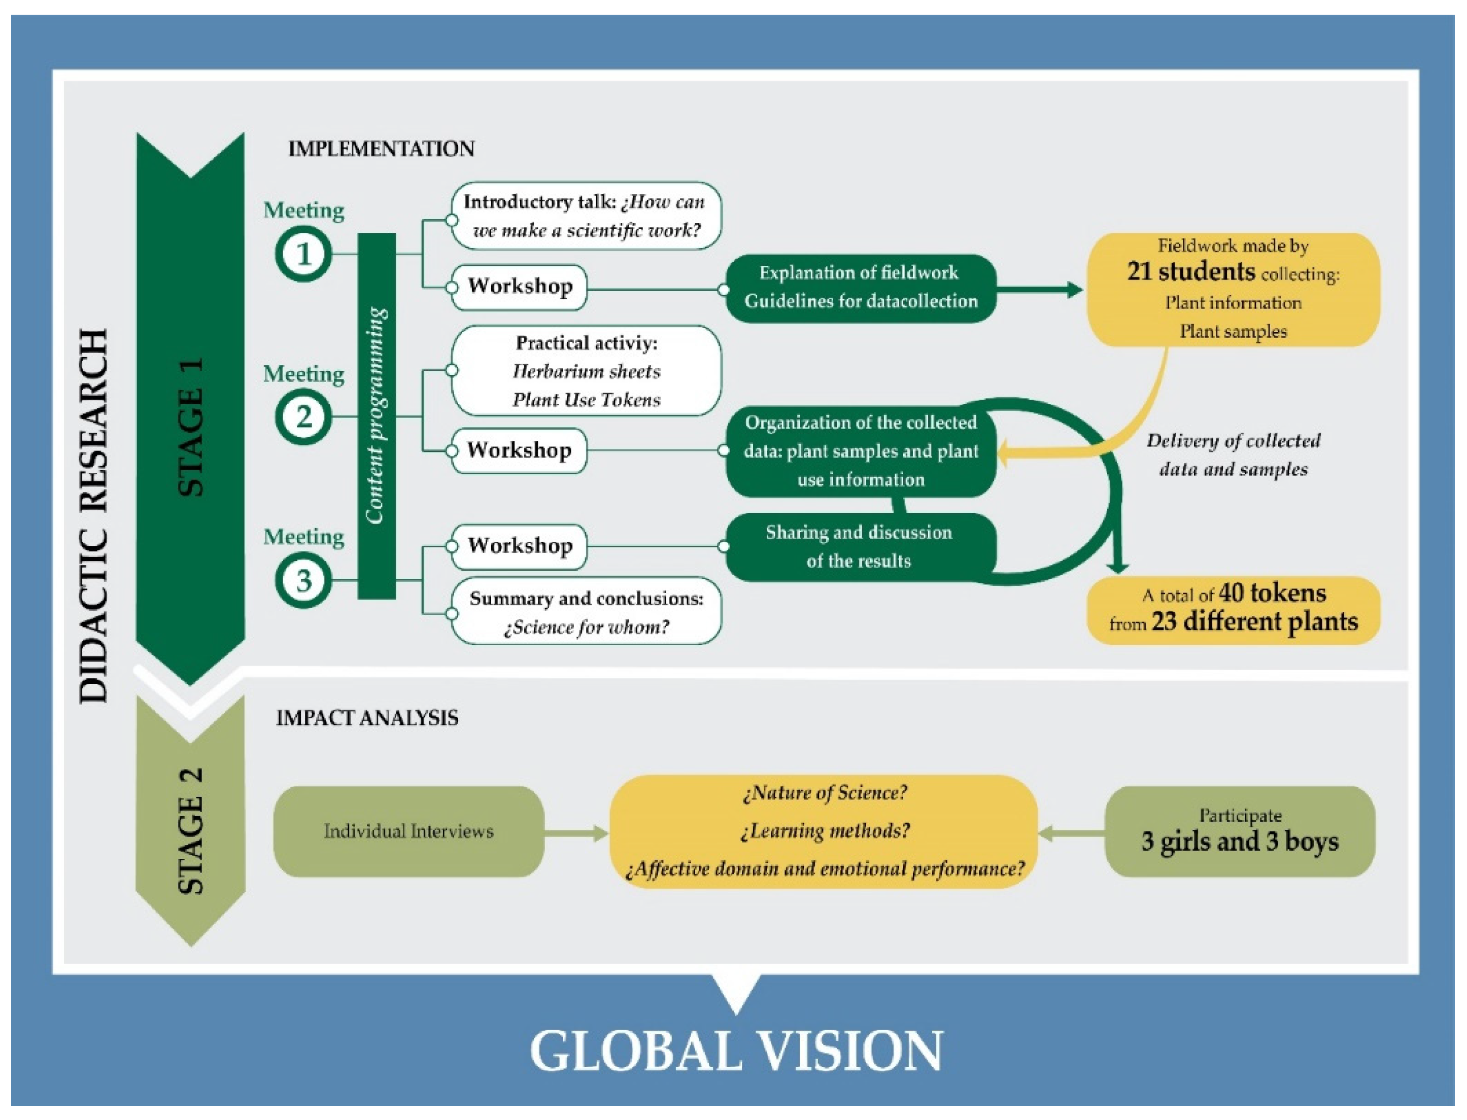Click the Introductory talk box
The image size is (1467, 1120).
pos(586,216)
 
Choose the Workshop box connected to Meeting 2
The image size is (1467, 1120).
pos(519,450)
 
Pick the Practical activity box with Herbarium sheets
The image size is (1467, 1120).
pos(586,371)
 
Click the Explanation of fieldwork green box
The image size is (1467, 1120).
pos(860,287)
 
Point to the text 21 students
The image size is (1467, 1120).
pos(1191,272)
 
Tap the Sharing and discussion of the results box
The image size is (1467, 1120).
pos(859,547)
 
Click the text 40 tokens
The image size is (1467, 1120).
pos(1272,592)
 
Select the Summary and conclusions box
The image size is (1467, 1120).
pos(586,612)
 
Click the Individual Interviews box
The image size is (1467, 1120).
pos(408,831)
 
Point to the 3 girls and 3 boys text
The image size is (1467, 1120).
pos(1239,842)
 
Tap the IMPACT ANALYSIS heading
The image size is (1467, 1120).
pos(367,718)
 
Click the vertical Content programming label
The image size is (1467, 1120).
pos(376,415)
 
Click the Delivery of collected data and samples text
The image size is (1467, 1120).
pos(1232,454)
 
